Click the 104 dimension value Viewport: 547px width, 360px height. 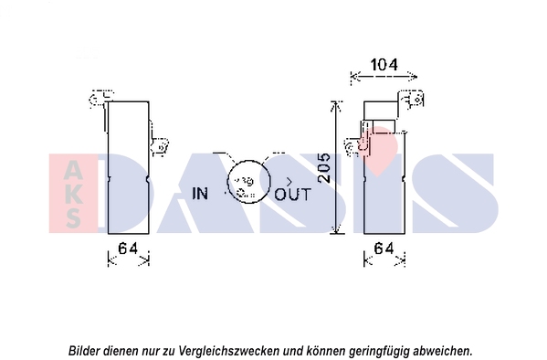pyautogui.click(x=384, y=65)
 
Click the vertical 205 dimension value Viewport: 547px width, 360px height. pyautogui.click(x=324, y=167)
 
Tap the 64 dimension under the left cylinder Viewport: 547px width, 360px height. pyautogui.click(x=128, y=249)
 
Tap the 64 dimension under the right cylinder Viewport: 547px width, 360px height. pyautogui.click(x=384, y=249)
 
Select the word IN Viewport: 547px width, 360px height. pyautogui.click(x=200, y=194)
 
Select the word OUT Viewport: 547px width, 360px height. pyautogui.click(x=292, y=194)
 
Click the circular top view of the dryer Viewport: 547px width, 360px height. pyautogui.click(x=248, y=182)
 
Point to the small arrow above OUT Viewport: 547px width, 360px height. pyautogui.click(x=289, y=182)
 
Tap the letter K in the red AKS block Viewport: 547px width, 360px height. pyautogui.click(x=73, y=195)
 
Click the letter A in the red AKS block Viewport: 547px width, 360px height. pyautogui.click(x=73, y=171)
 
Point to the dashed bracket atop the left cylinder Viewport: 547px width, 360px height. pyautogui.click(x=100, y=98)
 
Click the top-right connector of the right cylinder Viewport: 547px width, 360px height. pyautogui.click(x=414, y=100)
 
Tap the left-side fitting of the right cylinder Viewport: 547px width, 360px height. pyautogui.click(x=354, y=147)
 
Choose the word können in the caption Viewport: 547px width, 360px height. pyautogui.click(x=324, y=350)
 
